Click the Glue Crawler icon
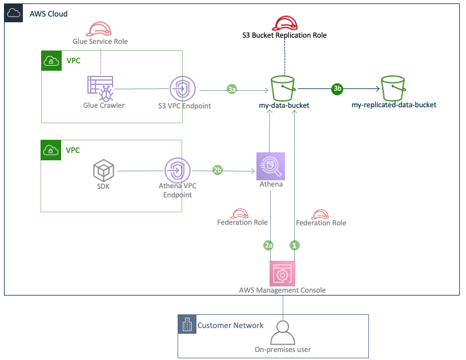(x=101, y=88)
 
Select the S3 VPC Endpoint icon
(x=183, y=88)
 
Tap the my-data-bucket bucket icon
(x=284, y=88)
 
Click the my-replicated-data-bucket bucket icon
(x=394, y=88)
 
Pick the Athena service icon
(x=271, y=166)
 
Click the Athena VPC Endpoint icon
(x=178, y=171)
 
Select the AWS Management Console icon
(x=282, y=273)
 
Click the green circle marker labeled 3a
(x=232, y=90)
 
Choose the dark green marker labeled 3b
(x=337, y=88)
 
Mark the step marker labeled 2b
(x=217, y=170)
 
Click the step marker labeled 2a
(x=268, y=245)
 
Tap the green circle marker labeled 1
(x=295, y=245)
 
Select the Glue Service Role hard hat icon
(x=101, y=30)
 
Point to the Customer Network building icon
(x=186, y=325)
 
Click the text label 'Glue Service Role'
(x=101, y=42)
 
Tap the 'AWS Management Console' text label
(x=282, y=290)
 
